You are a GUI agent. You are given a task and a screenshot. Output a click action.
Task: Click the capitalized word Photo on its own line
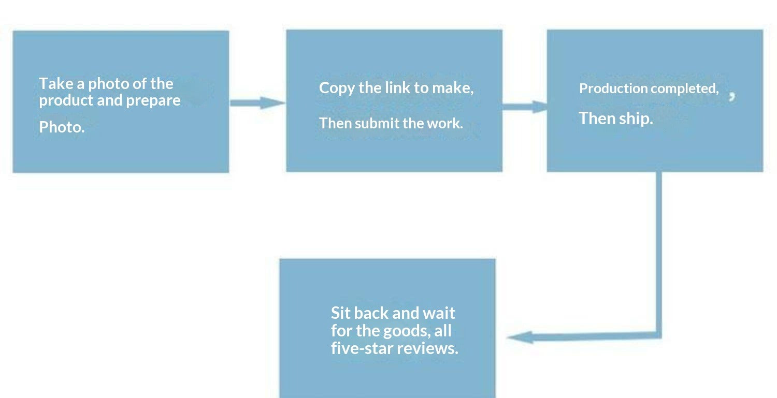click(x=61, y=127)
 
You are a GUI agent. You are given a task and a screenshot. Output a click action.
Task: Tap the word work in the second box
click(x=444, y=123)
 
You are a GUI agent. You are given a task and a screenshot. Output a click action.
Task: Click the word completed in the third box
click(x=684, y=89)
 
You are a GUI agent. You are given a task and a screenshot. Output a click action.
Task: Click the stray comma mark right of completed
click(x=732, y=96)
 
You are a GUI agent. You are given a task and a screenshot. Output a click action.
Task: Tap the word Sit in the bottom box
click(x=340, y=313)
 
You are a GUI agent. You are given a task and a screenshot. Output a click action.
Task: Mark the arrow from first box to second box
click(x=257, y=103)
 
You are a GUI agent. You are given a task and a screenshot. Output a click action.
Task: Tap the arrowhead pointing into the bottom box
click(x=520, y=337)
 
